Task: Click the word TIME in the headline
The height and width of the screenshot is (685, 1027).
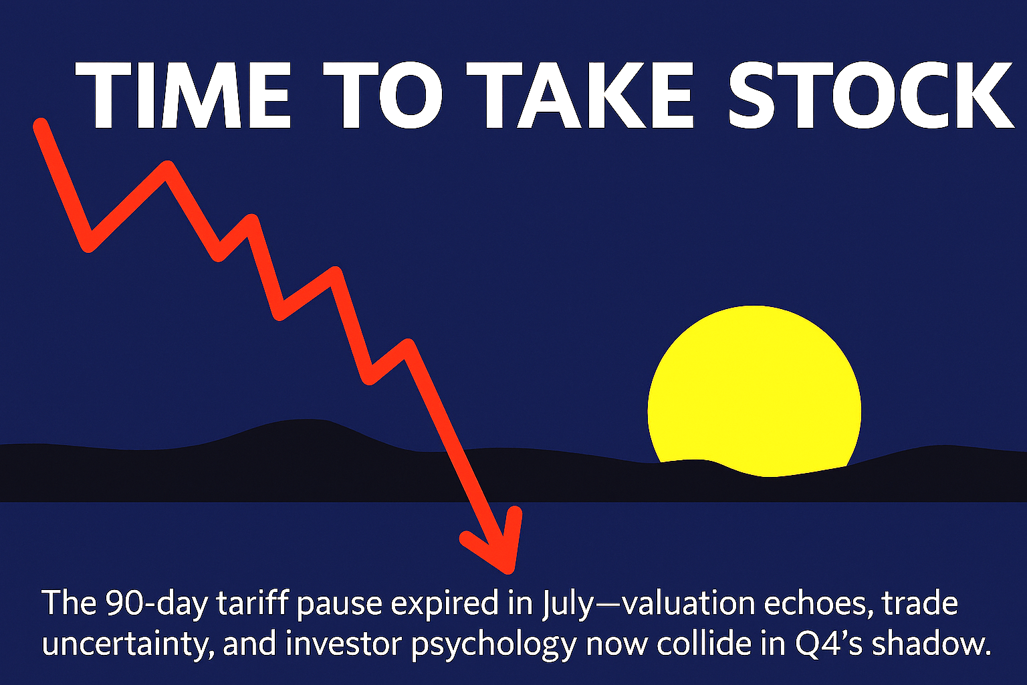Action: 183,94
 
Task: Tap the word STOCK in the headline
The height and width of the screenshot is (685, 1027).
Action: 871,94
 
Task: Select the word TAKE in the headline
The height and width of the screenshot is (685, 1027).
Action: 580,94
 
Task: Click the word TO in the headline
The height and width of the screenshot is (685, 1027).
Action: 383,94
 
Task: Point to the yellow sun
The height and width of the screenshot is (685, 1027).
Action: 754,390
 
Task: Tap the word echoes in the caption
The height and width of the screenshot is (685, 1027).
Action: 816,603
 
